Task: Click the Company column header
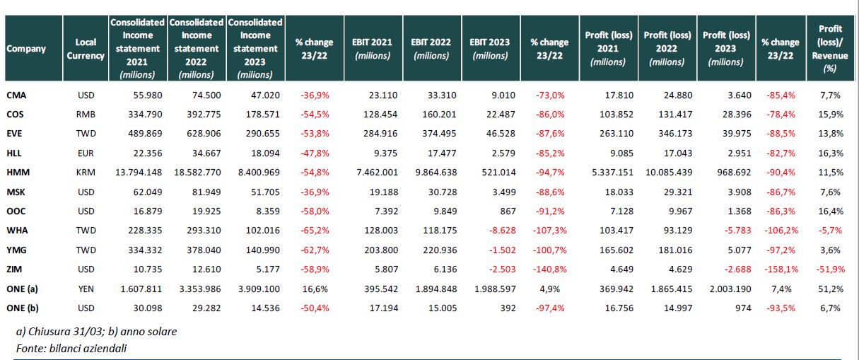pos(26,49)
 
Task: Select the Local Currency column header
pos(86,49)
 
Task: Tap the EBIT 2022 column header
pos(431,49)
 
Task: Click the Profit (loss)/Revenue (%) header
pos(830,49)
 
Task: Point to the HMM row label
pos(18,173)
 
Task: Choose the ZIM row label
pos(14,269)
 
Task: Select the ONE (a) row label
pos(22,289)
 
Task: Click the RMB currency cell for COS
pos(86,115)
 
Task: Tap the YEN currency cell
pos(86,289)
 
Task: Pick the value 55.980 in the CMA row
pos(148,95)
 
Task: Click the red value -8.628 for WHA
pos(503,231)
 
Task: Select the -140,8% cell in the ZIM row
pos(549,269)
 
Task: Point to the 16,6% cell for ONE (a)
pos(315,289)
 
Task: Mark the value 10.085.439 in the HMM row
pos(669,173)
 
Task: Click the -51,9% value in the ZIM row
pos(830,269)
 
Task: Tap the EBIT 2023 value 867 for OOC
pos(508,211)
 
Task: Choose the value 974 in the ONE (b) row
pos(743,308)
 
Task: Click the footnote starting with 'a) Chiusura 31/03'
pos(96,332)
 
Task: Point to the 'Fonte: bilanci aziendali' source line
pos(71,349)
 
